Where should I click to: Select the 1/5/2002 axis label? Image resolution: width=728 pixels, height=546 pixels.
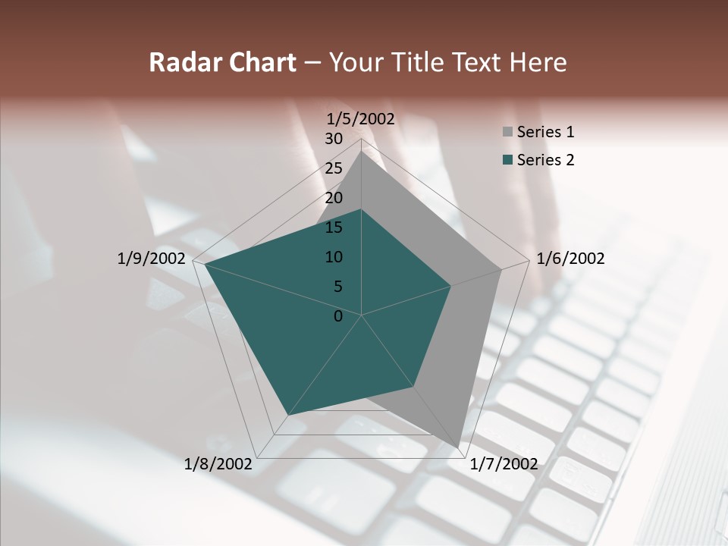pyautogui.click(x=360, y=119)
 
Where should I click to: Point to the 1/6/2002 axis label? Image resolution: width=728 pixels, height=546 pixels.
pyautogui.click(x=570, y=259)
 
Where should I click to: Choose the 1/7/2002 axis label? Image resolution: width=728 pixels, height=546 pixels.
pyautogui.click(x=504, y=464)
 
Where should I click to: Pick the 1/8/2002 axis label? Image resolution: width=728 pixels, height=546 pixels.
pyautogui.click(x=218, y=464)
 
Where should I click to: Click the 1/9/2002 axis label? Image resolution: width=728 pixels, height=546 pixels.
pyautogui.click(x=152, y=259)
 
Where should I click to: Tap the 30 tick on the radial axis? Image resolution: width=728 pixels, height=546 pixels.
pyautogui.click(x=334, y=139)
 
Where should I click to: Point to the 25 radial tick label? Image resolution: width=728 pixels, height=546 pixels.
pyautogui.click(x=334, y=168)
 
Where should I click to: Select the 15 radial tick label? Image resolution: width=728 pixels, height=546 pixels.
pyautogui.click(x=334, y=227)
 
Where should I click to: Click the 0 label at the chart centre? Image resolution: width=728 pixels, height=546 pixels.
pyautogui.click(x=338, y=316)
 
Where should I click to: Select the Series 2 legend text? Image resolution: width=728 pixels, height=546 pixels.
pyautogui.click(x=545, y=160)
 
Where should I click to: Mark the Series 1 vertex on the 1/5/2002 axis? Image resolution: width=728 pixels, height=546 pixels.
pyautogui.click(x=362, y=151)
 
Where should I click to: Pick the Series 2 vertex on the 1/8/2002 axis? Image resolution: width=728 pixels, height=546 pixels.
pyautogui.click(x=287, y=416)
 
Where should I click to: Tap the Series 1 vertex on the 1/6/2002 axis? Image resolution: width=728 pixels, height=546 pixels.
pyautogui.click(x=501, y=269)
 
